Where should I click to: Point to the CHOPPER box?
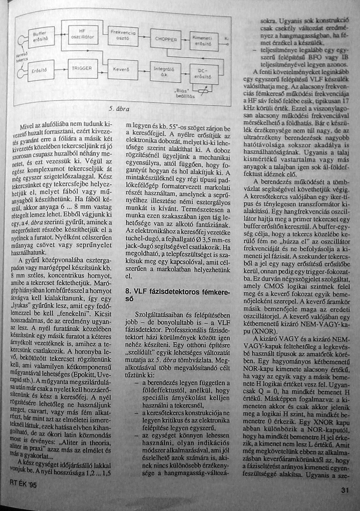click(x=165, y=39)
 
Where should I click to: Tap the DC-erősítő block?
click(x=204, y=74)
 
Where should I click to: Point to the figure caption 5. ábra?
click(x=119, y=109)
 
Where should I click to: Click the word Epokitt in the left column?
click(x=83, y=375)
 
